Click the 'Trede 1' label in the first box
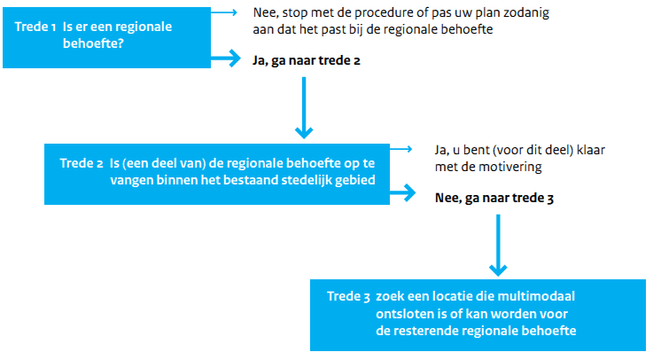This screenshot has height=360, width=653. [35, 27]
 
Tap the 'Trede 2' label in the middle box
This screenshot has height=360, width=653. [82, 163]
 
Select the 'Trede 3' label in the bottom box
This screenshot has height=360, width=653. [348, 296]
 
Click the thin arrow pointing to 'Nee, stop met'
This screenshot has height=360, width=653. [224, 12]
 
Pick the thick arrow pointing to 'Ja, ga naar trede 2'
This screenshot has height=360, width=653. [226, 58]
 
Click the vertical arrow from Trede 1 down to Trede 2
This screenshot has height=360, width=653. [304, 107]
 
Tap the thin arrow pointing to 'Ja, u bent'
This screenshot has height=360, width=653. [401, 149]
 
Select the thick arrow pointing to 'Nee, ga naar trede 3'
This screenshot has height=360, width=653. [403, 193]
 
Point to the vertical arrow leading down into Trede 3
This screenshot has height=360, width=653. [498, 245]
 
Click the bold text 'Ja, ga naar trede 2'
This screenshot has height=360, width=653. [306, 61]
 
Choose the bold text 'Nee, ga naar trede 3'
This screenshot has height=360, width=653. [494, 198]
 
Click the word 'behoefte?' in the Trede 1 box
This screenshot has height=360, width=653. [93, 43]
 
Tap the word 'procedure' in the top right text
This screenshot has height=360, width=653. [380, 13]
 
